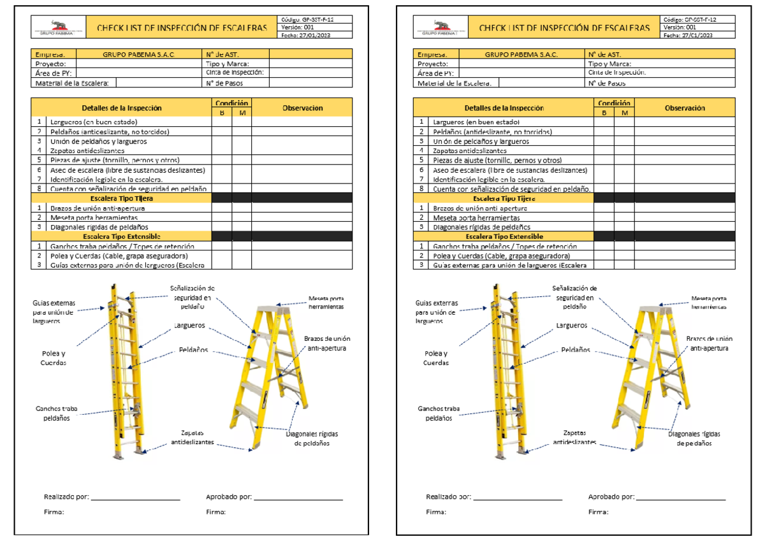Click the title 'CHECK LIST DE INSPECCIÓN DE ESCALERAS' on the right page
564,28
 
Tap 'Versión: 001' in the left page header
298,27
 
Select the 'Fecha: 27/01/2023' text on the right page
689,36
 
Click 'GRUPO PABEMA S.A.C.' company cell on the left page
138,55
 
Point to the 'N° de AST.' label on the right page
604,55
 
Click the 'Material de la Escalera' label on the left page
72,83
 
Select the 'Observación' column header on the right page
685,108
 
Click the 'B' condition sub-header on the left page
222,113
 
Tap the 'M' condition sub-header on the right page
624,113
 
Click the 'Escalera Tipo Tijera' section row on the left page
122,198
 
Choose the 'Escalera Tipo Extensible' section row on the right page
504,236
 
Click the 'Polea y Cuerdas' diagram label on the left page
54,358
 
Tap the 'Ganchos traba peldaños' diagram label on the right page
439,414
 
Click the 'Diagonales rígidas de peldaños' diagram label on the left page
312,438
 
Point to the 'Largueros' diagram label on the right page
571,326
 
